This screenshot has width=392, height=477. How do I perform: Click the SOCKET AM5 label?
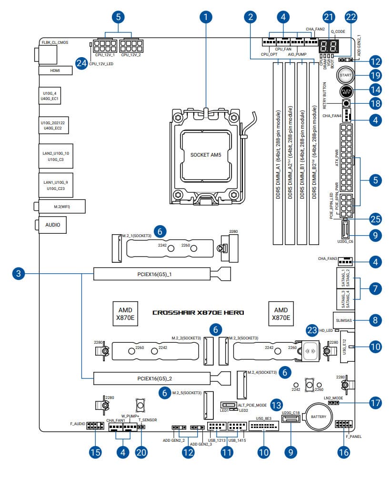(205, 155)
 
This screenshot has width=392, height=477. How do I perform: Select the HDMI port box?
(55, 70)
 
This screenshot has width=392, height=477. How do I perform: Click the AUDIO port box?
(52, 224)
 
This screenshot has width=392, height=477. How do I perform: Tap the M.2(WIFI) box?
(61, 206)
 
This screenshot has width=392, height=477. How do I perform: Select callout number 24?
(82, 62)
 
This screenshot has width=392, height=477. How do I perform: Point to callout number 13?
(276, 405)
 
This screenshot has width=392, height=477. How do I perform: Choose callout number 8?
(375, 320)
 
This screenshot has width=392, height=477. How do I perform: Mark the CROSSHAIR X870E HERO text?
(198, 313)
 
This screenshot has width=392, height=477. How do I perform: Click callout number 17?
(375, 402)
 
